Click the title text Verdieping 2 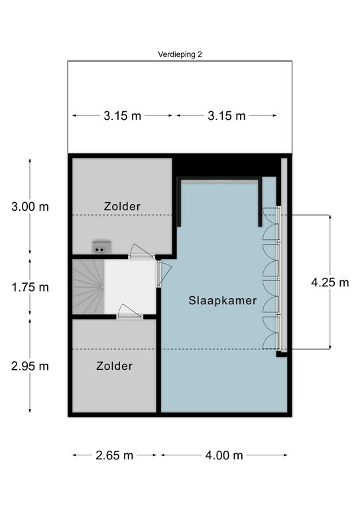(180, 54)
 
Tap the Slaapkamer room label (223, 301)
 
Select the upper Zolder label (122, 207)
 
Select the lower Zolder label (114, 366)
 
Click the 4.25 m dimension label (330, 282)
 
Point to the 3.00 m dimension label (30, 207)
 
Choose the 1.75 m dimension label (30, 287)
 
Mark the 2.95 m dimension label (30, 366)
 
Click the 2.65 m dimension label (114, 455)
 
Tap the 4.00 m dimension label (224, 455)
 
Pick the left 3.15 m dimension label (123, 116)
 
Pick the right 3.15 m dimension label (227, 116)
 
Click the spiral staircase (88, 286)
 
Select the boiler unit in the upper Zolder (102, 247)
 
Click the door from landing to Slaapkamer (164, 274)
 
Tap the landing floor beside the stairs (130, 286)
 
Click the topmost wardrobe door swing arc (270, 216)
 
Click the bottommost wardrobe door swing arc (270, 341)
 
